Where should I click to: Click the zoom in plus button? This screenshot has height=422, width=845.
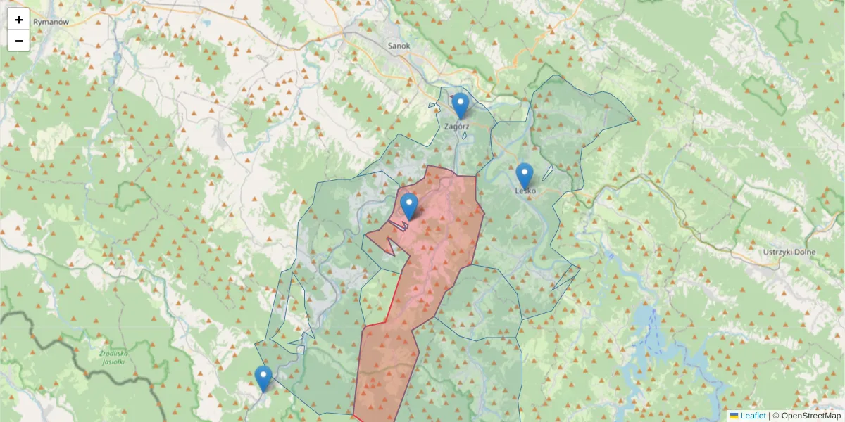click(19, 20)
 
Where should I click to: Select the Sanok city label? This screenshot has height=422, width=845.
click(399, 46)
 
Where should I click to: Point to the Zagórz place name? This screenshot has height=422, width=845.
click(457, 127)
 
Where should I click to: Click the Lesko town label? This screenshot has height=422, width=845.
click(525, 190)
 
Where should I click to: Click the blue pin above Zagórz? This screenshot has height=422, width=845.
click(460, 105)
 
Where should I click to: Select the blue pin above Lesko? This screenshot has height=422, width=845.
click(525, 176)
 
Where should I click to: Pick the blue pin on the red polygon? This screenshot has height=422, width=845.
click(409, 206)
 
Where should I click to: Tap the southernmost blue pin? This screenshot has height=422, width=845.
click(263, 378)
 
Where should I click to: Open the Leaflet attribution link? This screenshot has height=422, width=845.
click(753, 416)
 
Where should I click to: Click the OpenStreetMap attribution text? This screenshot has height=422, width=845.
click(810, 416)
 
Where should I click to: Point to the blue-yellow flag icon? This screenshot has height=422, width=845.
click(734, 416)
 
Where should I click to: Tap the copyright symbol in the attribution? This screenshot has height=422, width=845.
click(775, 416)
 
